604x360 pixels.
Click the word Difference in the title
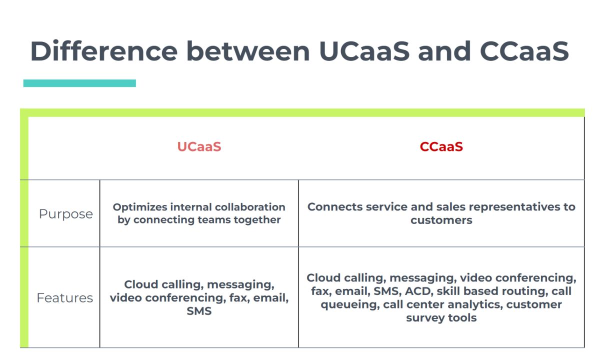(x=104, y=51)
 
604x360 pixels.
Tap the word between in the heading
(x=248, y=51)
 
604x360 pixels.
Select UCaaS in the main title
(x=364, y=51)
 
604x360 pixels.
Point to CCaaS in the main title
(x=524, y=51)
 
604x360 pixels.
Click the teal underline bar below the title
(x=79, y=83)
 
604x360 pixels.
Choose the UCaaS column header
(x=199, y=146)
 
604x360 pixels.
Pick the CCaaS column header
(x=441, y=146)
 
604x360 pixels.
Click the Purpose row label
(x=66, y=214)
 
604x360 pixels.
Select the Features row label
(x=64, y=298)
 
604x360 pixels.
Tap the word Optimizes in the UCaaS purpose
(x=140, y=207)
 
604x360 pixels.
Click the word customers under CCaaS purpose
(x=441, y=220)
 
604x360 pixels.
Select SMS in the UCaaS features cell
(x=199, y=311)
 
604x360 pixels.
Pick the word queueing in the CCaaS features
(x=350, y=305)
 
